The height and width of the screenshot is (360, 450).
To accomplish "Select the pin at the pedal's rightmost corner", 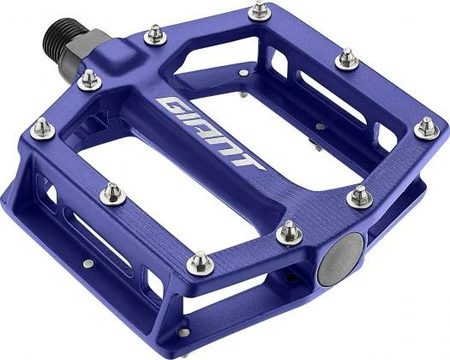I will coord(426,127).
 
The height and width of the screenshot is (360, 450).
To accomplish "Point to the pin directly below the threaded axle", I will coord(88,80).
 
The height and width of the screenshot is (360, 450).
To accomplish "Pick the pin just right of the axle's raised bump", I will coord(154,34).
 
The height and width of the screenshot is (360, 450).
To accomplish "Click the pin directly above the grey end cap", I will coord(360,195).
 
